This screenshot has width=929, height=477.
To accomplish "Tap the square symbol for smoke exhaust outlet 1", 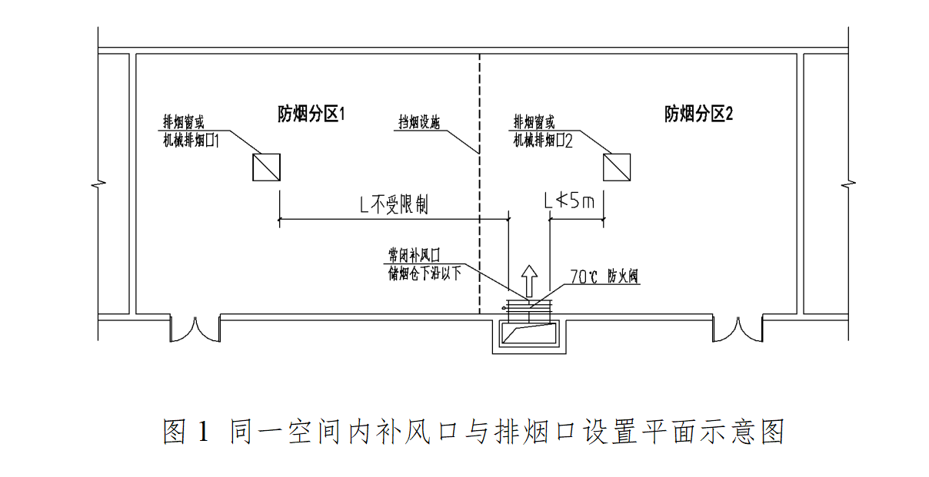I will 266,167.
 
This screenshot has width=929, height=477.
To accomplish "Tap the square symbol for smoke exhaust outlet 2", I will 617,167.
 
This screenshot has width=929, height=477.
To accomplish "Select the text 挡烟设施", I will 419,122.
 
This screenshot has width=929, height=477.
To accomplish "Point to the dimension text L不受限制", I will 395,204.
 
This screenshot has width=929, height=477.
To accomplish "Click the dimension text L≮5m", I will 570,202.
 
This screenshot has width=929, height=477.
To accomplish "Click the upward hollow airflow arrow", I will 528,280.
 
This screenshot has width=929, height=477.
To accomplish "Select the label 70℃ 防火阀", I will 604,276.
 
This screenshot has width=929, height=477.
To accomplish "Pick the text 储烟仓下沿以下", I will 425,271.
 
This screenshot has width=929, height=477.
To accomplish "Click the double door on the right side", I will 737,329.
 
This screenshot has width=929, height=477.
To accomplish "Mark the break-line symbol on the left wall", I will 98,185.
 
